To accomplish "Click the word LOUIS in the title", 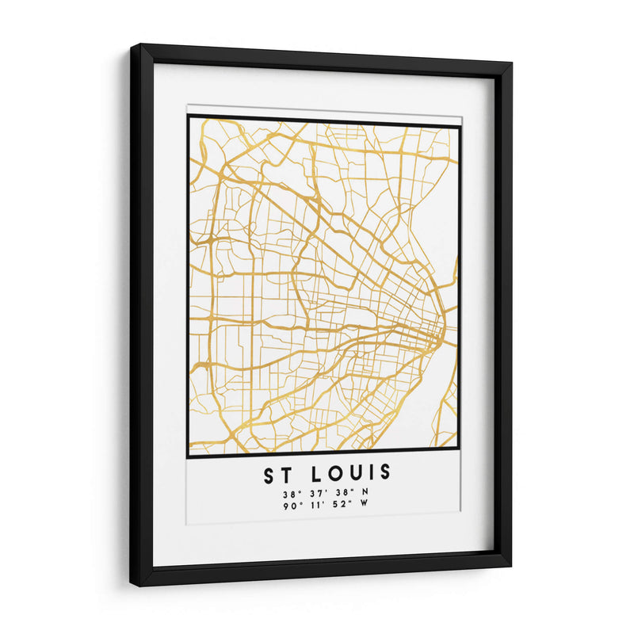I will point(351,473).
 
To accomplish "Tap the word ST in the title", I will point(277,473).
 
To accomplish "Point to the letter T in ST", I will point(287,473).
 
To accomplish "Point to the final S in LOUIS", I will point(385,473).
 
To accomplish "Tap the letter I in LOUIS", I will point(369,473).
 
